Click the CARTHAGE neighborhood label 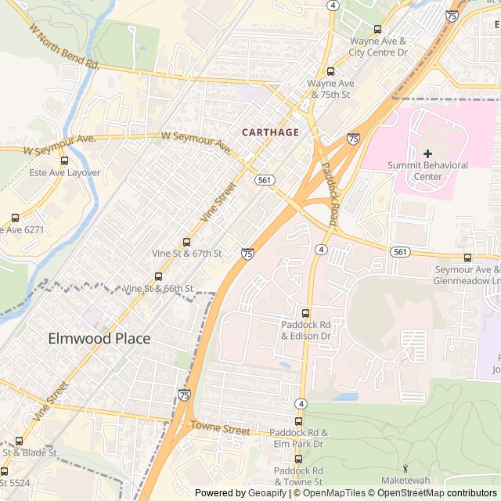point(270,132)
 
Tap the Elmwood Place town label point(99,339)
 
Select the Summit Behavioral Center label point(429,171)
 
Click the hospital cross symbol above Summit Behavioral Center point(427,153)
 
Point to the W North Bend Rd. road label point(63,47)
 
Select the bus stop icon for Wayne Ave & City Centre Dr point(378,29)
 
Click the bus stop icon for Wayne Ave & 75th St point(330,71)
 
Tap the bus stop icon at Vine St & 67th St point(186,242)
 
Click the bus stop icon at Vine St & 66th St point(158,276)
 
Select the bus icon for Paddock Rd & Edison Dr point(306,313)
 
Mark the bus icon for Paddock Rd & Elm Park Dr point(298,421)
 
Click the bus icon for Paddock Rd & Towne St point(297,459)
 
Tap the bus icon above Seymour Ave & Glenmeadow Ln point(467,258)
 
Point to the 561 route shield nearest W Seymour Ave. point(265,180)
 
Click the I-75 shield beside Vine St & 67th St point(247,253)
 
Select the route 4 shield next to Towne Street point(301,404)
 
